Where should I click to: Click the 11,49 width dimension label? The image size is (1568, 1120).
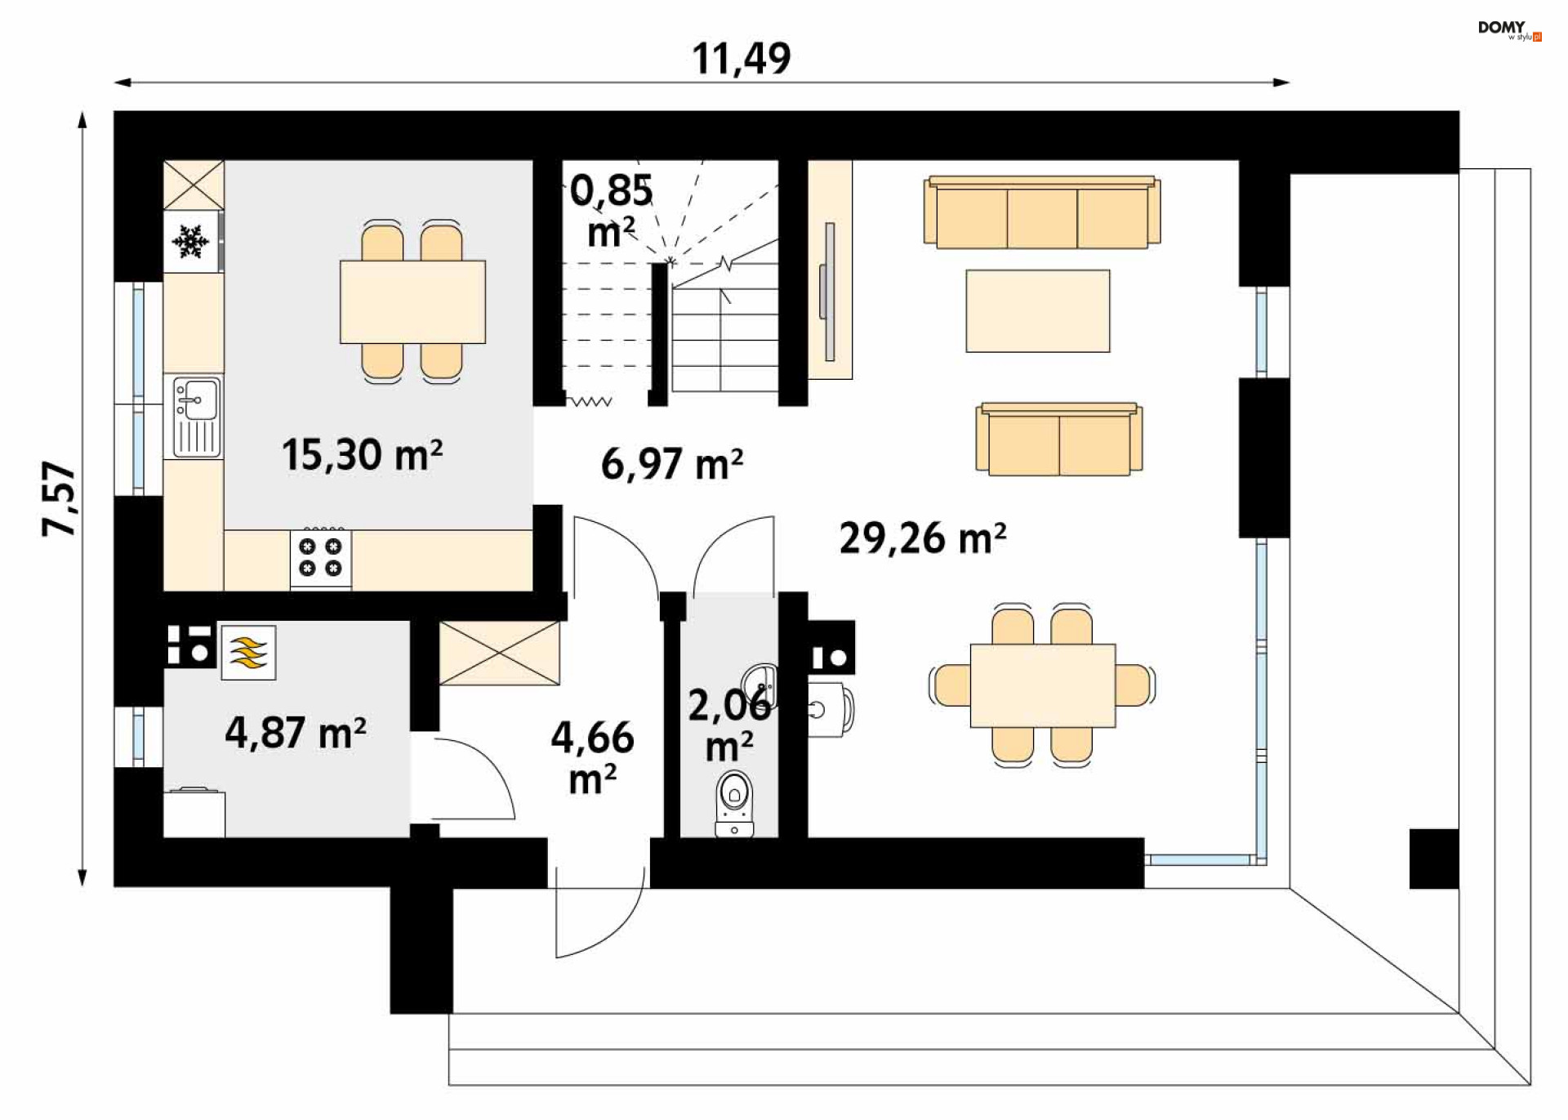tap(741, 59)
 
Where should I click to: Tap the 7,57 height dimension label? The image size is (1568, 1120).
tap(59, 498)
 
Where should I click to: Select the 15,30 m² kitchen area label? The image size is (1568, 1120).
tap(362, 455)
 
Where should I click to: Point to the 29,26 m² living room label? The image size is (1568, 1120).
tap(922, 538)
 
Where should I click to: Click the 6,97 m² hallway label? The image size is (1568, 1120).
tap(671, 464)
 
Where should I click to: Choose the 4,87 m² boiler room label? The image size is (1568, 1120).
tap(295, 732)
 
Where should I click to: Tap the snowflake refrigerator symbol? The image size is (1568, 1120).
tap(190, 242)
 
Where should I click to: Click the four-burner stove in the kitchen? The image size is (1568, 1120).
tap(320, 558)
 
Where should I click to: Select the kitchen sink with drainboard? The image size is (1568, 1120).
tap(196, 417)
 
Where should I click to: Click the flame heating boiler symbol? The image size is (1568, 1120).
tap(248, 653)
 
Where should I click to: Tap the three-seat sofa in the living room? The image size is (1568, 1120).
tap(1041, 212)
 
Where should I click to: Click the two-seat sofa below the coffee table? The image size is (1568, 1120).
tap(1059, 440)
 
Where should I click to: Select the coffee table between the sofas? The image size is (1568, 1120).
tap(1037, 311)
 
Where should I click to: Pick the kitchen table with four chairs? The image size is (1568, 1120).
tap(412, 301)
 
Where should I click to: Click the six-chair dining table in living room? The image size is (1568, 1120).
tap(1042, 685)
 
